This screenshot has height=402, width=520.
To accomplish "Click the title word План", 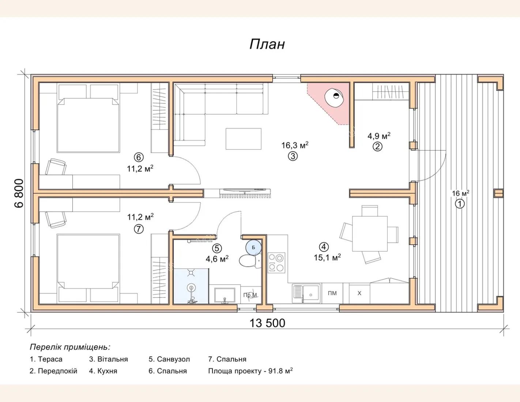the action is click(267, 45).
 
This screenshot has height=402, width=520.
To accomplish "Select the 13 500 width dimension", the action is click(267, 323).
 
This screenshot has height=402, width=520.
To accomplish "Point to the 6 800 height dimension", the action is click(19, 193).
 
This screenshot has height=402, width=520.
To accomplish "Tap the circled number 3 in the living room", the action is click(293, 156).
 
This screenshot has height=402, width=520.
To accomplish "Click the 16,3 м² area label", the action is click(295, 145).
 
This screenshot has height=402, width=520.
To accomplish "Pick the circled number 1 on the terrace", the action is click(460, 204).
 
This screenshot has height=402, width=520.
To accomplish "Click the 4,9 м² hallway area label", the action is click(379, 136).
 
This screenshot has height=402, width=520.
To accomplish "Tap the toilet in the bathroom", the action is click(250, 261).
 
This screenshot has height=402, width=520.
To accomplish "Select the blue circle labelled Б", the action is click(253, 247).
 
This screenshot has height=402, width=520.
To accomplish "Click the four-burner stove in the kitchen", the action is click(276, 263).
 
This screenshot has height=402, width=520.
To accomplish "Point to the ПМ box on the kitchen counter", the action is click(332, 293).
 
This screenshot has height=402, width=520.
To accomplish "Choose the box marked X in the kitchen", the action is click(359, 293).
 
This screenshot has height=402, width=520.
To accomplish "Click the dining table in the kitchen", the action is click(370, 234).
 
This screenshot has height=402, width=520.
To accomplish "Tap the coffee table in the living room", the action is click(244, 139).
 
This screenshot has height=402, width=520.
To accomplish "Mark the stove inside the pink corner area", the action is click(334, 98).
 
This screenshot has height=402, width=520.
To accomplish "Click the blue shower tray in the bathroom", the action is click(191, 286).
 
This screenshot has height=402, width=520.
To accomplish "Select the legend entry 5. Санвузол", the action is click(169, 359).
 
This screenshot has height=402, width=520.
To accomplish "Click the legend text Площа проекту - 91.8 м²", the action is click(250, 371).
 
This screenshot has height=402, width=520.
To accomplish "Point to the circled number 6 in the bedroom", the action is click(139, 158).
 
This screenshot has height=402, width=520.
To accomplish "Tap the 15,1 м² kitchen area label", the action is click(327, 258).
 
